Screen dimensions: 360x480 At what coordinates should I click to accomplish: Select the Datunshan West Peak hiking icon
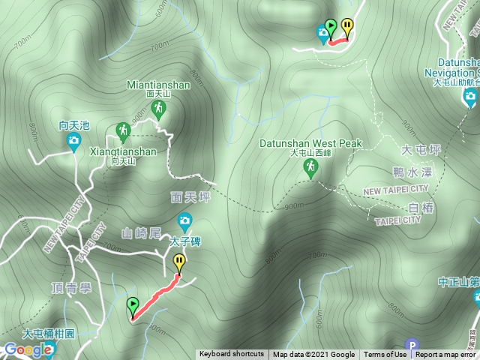(x=310, y=169)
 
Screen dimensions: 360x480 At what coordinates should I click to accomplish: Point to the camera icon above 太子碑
(x=184, y=221)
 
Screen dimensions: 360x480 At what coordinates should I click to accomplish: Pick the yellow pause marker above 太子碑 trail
(x=179, y=262)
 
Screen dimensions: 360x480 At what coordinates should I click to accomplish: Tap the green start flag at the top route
(x=331, y=28)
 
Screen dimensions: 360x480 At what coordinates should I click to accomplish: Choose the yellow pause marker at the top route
(x=346, y=26)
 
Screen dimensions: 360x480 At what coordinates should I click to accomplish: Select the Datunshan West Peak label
(x=310, y=143)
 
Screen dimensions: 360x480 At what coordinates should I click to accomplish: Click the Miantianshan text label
(x=159, y=85)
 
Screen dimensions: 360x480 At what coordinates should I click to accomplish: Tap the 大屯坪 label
(x=418, y=151)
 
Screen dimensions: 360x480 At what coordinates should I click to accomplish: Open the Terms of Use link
(x=385, y=355)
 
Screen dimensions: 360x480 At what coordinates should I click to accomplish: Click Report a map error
(x=445, y=355)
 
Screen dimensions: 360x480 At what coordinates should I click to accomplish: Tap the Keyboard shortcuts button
(x=231, y=355)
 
